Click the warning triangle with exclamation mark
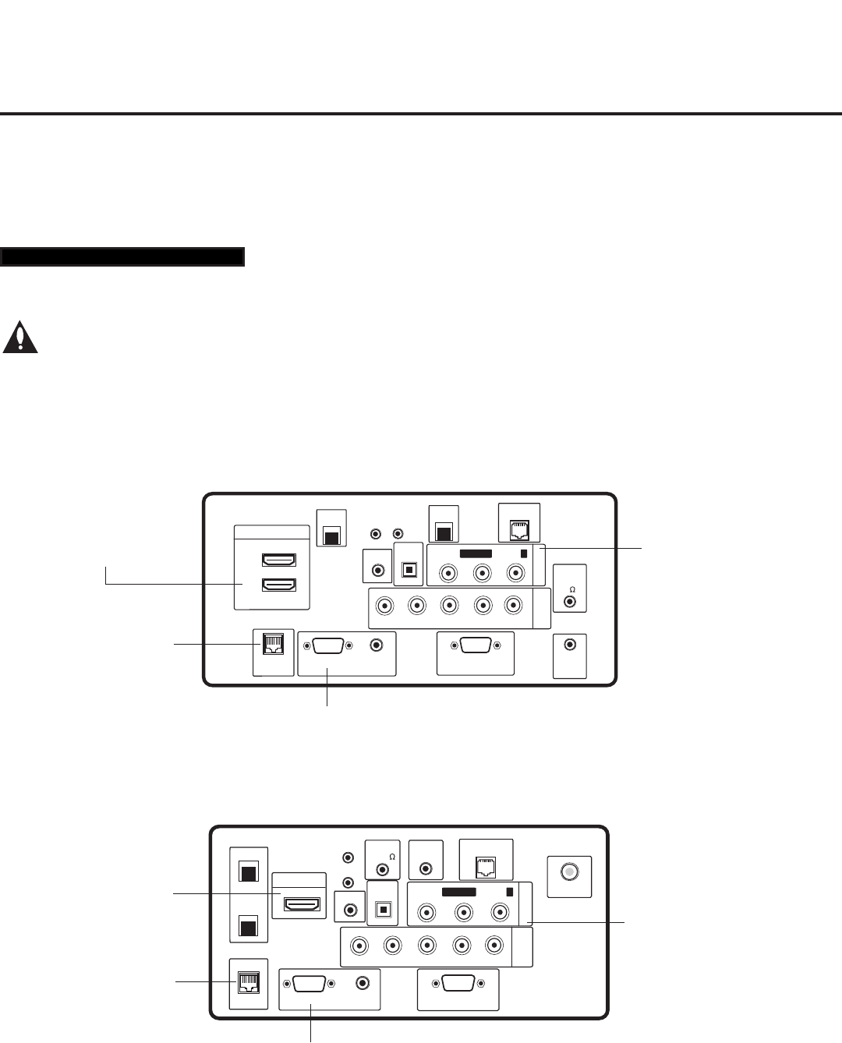(20, 337)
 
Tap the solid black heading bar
(123, 256)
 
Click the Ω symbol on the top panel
(571, 589)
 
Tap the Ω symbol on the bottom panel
(391, 856)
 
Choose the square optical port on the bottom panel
(383, 908)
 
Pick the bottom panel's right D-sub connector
(458, 983)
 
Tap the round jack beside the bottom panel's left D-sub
(362, 984)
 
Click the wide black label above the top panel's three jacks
(475, 553)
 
